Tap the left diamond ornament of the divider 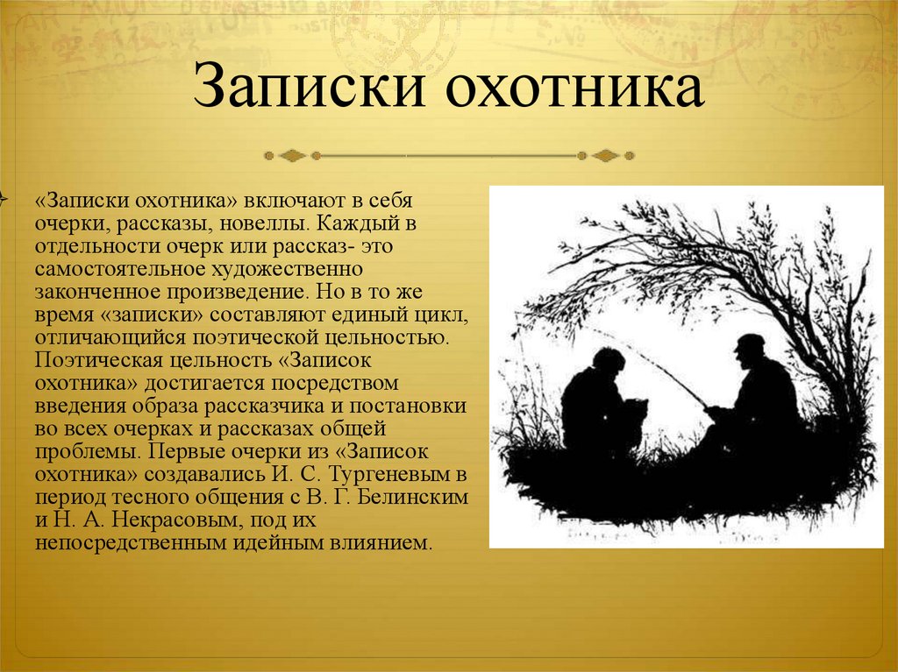(292, 156)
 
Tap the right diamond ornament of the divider (606, 156)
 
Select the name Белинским (412, 497)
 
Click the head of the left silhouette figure (609, 362)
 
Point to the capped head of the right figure (750, 350)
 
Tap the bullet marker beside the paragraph (3, 199)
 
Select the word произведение (239, 292)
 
